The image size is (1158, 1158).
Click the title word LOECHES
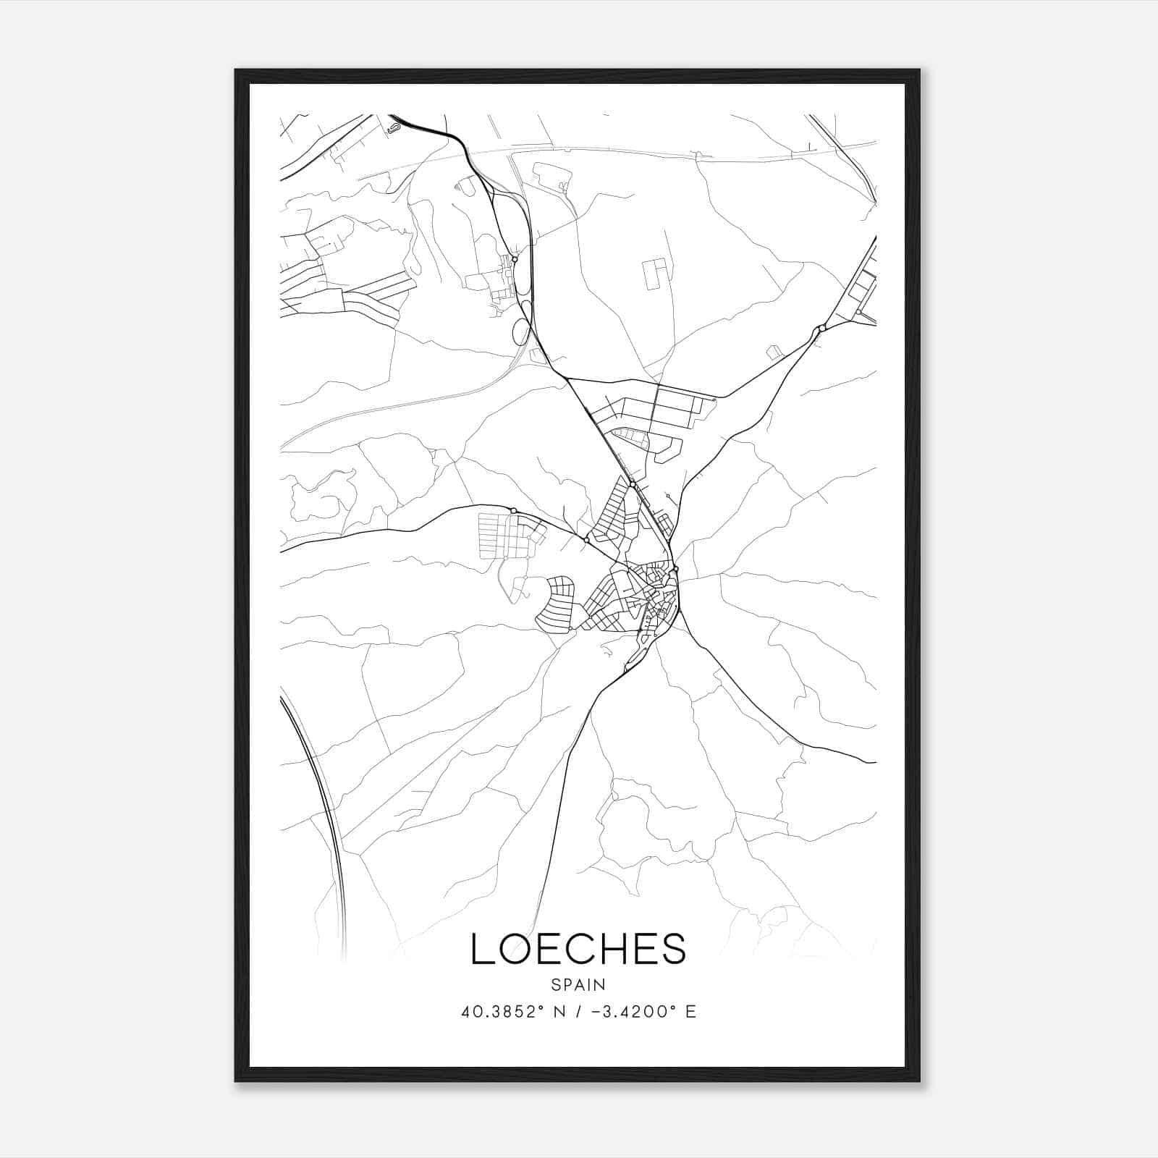[578, 949]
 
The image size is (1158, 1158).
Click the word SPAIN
[578, 984]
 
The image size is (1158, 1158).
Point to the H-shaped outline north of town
[657, 274]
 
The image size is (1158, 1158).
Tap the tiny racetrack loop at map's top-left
[392, 128]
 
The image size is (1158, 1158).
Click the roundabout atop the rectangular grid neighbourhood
[513, 511]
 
